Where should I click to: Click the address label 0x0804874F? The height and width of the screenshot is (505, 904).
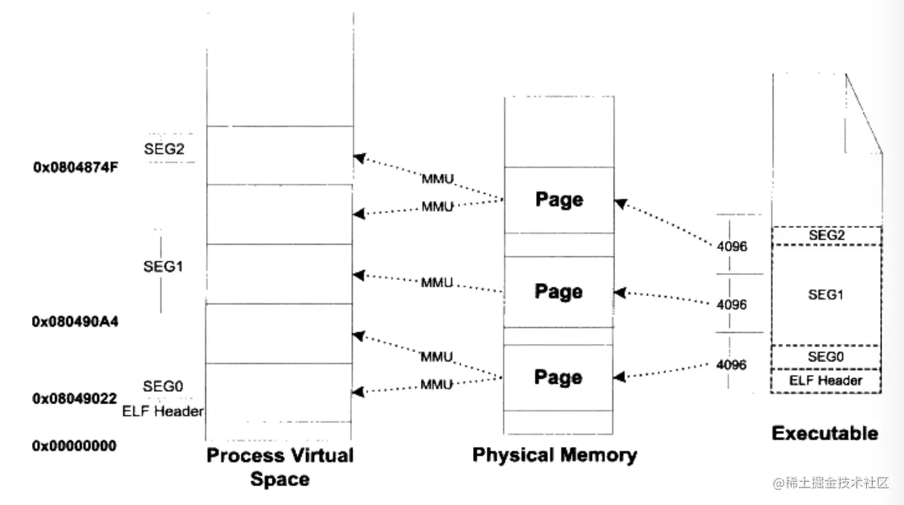pos(75,168)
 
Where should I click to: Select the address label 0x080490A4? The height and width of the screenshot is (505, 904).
pos(75,321)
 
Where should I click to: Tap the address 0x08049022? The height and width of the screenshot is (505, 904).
pos(75,398)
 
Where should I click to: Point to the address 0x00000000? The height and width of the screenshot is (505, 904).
pos(74,446)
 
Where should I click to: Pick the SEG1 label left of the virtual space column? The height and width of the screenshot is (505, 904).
pos(163,266)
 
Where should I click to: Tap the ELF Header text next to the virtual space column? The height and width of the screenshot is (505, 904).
pos(163,412)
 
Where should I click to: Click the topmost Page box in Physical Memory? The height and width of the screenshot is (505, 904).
pos(559,200)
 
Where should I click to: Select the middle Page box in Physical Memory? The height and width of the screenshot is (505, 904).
pos(559,292)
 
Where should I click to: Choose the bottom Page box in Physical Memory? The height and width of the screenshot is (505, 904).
pos(559,377)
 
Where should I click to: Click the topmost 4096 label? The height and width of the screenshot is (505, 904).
pos(731,247)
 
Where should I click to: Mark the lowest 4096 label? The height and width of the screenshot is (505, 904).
pos(731,365)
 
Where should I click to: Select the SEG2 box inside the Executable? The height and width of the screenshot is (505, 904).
pos(826,236)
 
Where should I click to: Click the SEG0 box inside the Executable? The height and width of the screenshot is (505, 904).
pos(826,357)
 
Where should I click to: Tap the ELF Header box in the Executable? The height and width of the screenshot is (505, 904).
pos(826,381)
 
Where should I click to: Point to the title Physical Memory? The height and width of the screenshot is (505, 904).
pos(555,455)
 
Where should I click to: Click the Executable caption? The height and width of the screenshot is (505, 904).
pos(825,434)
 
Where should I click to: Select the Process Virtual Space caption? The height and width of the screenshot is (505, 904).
pos(280,467)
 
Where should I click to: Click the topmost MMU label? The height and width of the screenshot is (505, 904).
pos(437,179)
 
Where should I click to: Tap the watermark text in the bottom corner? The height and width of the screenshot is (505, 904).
pos(831,483)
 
